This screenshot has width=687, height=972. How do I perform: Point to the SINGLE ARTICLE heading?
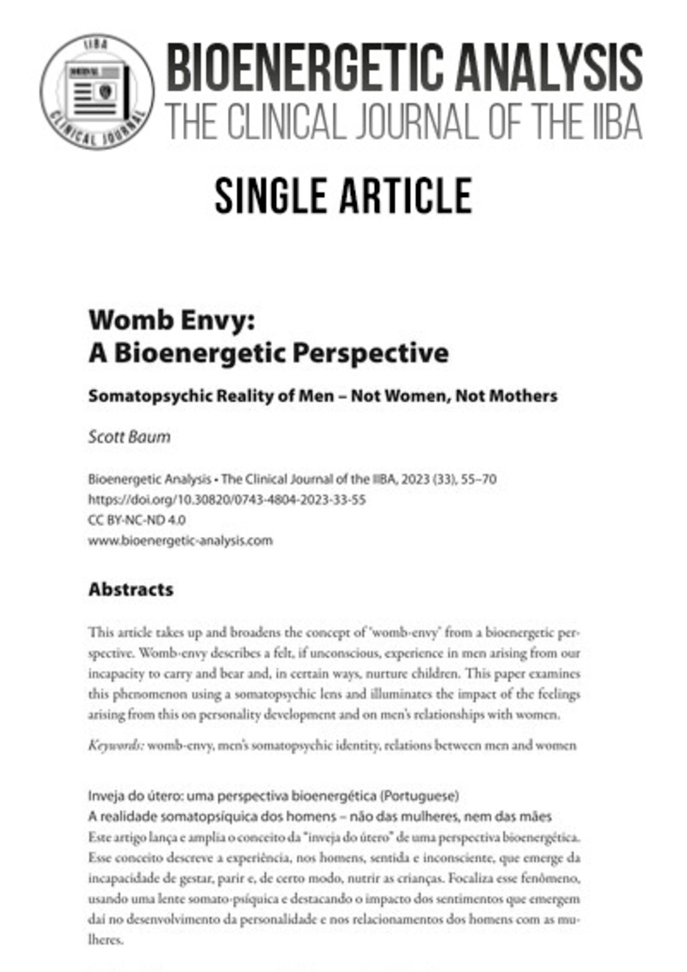(x=343, y=196)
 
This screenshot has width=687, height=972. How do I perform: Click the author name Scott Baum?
(x=129, y=437)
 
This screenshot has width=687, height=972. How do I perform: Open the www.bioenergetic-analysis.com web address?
(x=180, y=541)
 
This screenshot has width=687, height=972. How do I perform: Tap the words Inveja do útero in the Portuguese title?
(x=131, y=796)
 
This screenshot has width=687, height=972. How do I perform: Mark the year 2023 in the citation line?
(x=414, y=479)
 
